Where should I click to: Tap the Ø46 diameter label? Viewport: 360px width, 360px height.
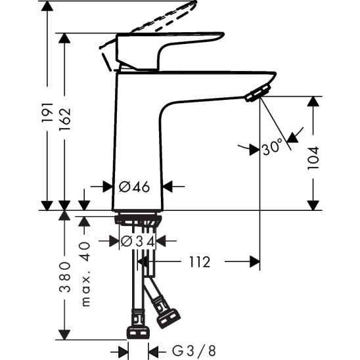tap(135, 187)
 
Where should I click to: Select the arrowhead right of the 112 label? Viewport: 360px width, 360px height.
tap(254, 262)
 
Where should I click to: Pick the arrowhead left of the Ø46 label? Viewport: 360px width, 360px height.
tap(108, 187)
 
